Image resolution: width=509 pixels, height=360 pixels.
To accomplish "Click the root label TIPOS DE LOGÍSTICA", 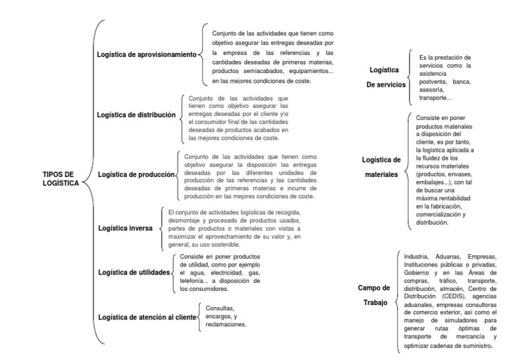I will (59, 179).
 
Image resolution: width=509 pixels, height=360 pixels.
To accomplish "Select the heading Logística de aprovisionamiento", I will (146, 54).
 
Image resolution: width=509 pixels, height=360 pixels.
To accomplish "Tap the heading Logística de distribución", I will (136, 115).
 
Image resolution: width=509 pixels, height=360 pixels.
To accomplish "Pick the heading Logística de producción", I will (137, 174).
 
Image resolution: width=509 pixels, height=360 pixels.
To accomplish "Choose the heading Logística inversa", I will (125, 227).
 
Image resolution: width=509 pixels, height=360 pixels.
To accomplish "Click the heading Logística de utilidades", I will (133, 272).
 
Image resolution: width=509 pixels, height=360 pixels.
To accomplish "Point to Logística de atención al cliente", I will (146, 318).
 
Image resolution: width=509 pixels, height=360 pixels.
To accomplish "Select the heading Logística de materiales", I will (381, 167).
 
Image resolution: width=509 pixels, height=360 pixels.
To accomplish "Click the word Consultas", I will (221, 308).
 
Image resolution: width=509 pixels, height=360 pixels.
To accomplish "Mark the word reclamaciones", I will (226, 325).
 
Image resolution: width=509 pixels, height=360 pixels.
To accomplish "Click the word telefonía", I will (196, 280).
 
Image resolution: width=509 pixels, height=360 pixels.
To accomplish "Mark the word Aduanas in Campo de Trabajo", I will (451, 257).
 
